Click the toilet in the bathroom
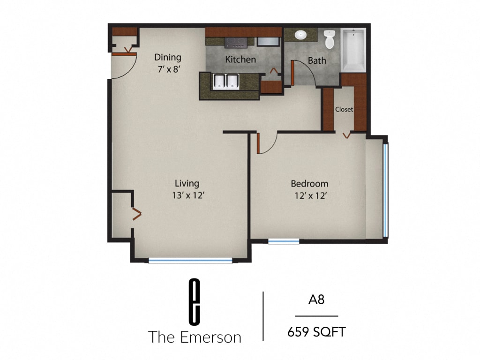(x=330, y=39)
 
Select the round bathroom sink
(x=300, y=35)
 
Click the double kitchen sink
(x=226, y=82)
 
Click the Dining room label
(x=168, y=58)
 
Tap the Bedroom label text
(x=309, y=184)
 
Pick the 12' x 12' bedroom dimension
(x=309, y=196)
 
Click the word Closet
(x=344, y=110)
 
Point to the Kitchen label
(x=240, y=60)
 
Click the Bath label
(x=317, y=60)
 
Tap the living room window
(x=190, y=261)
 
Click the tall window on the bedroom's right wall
(x=386, y=190)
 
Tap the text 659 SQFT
(x=316, y=332)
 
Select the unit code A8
(x=316, y=300)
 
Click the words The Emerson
(x=195, y=337)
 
